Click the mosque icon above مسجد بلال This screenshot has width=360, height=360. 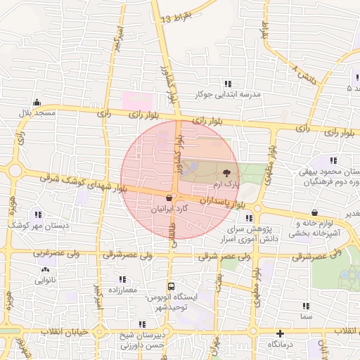[x=37, y=102]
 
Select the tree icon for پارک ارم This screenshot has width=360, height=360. [x=226, y=172]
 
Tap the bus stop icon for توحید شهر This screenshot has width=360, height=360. [x=170, y=286]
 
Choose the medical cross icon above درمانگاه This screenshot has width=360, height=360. [x=280, y=333]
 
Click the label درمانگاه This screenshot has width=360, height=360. [x=280, y=345]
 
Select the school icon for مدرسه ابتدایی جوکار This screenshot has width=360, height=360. [x=227, y=83]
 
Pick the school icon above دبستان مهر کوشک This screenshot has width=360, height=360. [x=37, y=214]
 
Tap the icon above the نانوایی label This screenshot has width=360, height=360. [x=46, y=269]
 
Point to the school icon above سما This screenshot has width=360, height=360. [x=305, y=306]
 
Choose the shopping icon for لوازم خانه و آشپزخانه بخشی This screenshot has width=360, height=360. [x=314, y=212]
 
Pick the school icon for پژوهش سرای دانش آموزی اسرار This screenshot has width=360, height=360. [x=248, y=217]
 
